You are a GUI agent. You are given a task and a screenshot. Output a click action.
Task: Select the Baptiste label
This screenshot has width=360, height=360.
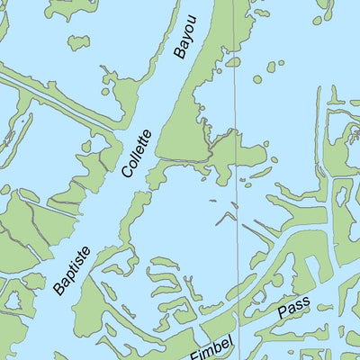coord(72,266)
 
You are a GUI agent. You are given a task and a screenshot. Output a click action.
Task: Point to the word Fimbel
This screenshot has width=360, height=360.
coord(211,342)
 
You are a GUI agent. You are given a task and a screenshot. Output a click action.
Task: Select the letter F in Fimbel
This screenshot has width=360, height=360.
coord(194,351)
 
